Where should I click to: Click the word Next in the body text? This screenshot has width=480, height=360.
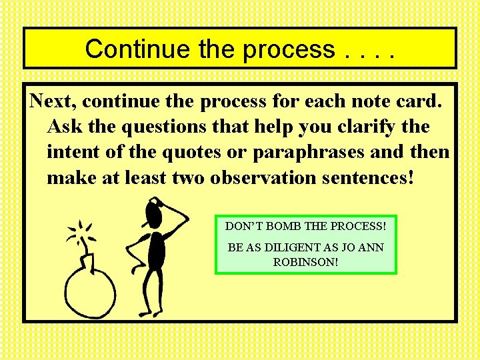[54, 102]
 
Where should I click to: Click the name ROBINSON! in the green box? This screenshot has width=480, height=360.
[305, 262]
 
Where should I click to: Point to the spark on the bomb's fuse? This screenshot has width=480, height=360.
[81, 233]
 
